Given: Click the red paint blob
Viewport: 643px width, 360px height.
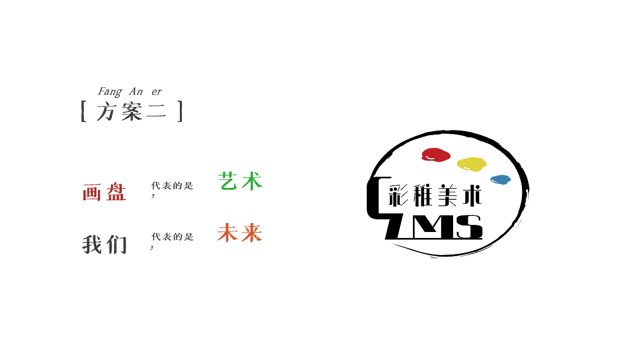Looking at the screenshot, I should [436, 155].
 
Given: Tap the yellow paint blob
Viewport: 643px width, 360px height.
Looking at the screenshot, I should [472, 164].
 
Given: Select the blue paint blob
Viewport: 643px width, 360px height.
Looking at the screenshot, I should [500, 179].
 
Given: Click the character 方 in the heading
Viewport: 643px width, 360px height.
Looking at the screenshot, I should [106, 111].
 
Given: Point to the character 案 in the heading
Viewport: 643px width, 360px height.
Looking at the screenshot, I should [132, 111].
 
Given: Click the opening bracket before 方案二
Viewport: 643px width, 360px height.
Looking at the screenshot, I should [83, 111].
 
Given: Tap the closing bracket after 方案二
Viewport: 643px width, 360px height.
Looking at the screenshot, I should [180, 111].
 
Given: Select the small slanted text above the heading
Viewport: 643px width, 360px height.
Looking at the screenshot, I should [130, 91].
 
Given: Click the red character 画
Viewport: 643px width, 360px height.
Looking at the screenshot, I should [92, 192].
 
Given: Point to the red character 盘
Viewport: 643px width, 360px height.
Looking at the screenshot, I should [117, 192].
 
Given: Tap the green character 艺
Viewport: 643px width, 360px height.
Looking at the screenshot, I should [228, 181].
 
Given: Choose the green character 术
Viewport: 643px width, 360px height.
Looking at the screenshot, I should [252, 181].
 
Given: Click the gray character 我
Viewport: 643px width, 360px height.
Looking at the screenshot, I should [92, 245].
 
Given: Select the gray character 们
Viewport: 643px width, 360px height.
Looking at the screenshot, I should [117, 245].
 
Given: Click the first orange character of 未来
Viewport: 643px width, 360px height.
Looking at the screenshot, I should [227, 233].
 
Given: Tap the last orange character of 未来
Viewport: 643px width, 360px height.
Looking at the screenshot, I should [252, 233].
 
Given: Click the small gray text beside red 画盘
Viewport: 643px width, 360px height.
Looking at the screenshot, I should [172, 186].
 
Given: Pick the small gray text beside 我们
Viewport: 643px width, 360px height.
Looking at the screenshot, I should [172, 237].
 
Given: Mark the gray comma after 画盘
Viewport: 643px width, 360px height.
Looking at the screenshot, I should [152, 196].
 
